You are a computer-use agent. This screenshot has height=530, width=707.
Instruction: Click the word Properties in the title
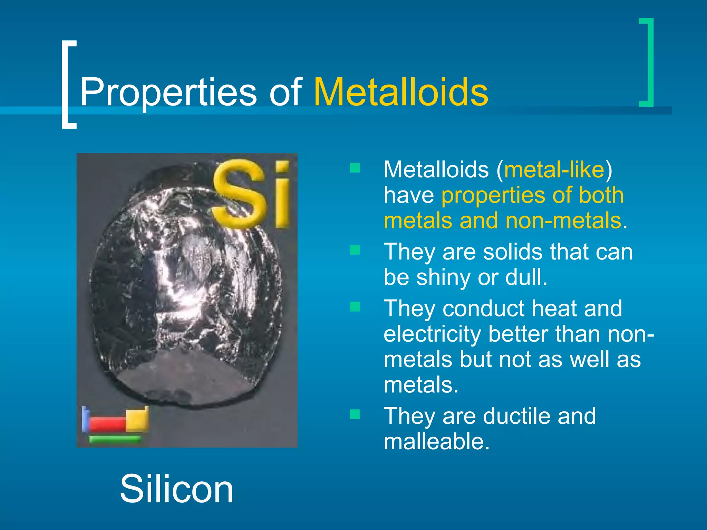(168, 92)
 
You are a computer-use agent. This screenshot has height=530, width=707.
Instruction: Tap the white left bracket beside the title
(68, 84)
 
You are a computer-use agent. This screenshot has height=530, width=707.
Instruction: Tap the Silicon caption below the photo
(176, 489)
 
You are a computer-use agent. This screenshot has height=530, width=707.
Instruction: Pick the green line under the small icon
(115, 439)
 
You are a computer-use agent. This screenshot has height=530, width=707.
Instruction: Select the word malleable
(436, 441)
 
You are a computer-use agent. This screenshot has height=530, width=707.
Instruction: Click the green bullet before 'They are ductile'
(355, 414)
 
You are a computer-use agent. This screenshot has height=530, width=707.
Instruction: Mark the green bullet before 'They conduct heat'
(355, 306)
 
